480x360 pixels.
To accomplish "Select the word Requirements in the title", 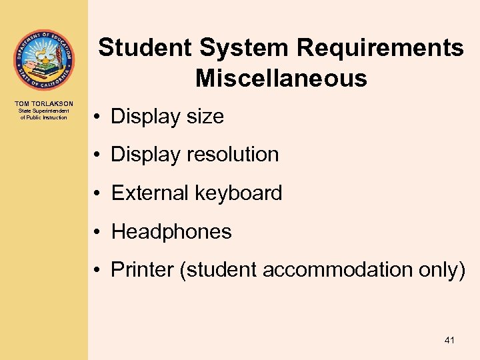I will (381, 48).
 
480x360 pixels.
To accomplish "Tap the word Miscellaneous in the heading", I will (281, 79).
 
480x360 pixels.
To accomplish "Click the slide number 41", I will (449, 341).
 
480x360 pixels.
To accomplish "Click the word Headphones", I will (171, 232).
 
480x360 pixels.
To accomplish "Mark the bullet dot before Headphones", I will (97, 233).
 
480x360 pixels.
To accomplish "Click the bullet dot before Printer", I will (97, 271).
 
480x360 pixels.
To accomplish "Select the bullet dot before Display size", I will (97, 117).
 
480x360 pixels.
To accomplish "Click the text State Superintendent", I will (43, 111).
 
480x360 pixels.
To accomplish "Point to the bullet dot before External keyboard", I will (97, 194).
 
